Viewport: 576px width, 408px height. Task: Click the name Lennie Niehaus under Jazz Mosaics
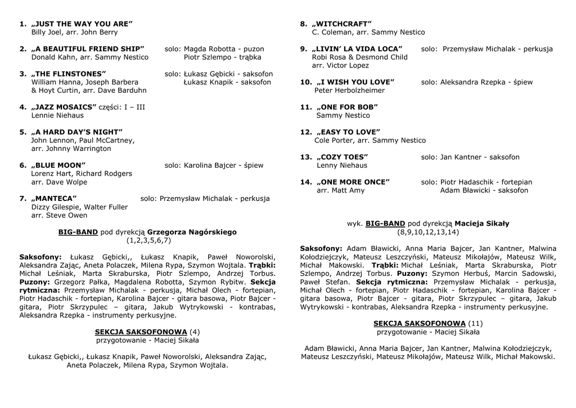click(x=57, y=115)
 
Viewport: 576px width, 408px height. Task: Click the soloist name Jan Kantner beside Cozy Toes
click(x=461, y=157)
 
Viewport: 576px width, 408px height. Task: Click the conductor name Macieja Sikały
click(x=481, y=223)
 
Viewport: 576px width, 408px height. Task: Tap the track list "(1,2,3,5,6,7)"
click(x=148, y=240)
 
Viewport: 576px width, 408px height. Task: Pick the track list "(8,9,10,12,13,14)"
click(x=428, y=232)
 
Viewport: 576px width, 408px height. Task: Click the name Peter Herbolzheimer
click(x=349, y=91)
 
